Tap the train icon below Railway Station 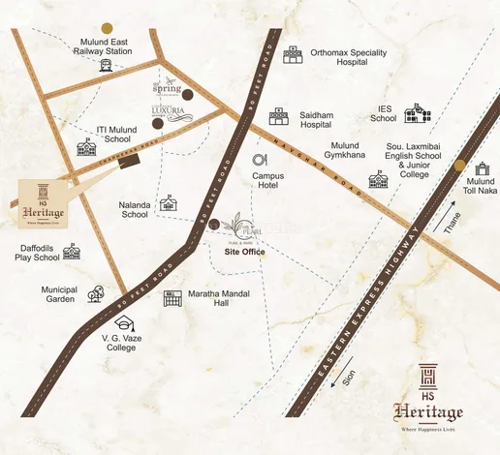click(x=104, y=66)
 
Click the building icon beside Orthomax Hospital click(x=293, y=55)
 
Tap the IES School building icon click(x=418, y=115)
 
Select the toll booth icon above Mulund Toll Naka click(x=482, y=167)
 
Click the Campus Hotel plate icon click(x=260, y=161)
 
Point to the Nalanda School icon click(x=170, y=202)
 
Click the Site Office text click(x=245, y=252)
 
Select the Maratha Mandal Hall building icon click(x=172, y=298)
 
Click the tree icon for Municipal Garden click(x=95, y=293)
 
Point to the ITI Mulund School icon click(x=86, y=147)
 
